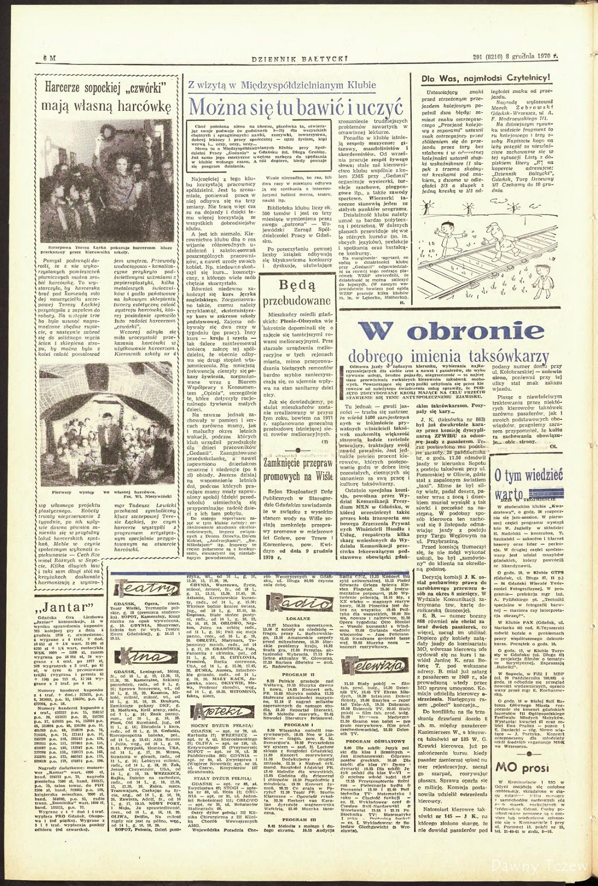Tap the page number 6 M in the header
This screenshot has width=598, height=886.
click(x=50, y=58)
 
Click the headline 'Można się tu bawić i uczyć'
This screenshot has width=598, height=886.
click(x=297, y=107)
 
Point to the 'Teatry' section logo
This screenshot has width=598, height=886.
click(x=147, y=589)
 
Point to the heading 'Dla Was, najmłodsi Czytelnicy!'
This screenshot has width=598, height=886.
click(x=485, y=79)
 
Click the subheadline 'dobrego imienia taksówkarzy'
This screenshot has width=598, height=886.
click(x=448, y=356)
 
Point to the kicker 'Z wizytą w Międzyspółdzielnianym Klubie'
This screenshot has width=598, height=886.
click(x=282, y=85)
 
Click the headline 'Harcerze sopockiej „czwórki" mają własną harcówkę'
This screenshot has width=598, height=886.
click(x=106, y=96)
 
